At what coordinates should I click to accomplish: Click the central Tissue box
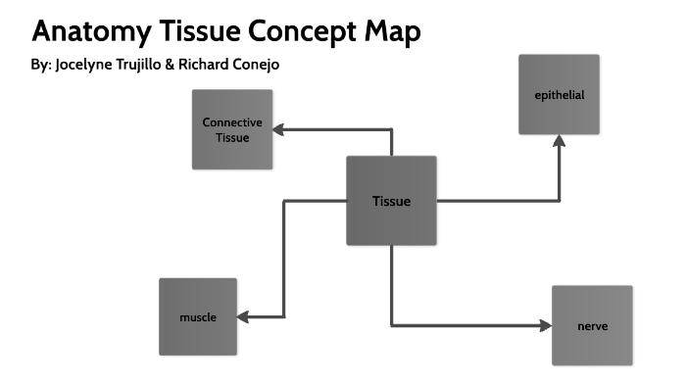click(391, 201)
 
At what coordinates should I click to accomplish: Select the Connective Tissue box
click(232, 129)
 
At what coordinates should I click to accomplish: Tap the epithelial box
click(559, 95)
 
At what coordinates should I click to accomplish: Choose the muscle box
click(198, 316)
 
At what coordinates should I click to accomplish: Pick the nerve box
click(592, 325)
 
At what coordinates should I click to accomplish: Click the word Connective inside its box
click(232, 122)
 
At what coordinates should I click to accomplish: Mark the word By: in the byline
click(42, 67)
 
